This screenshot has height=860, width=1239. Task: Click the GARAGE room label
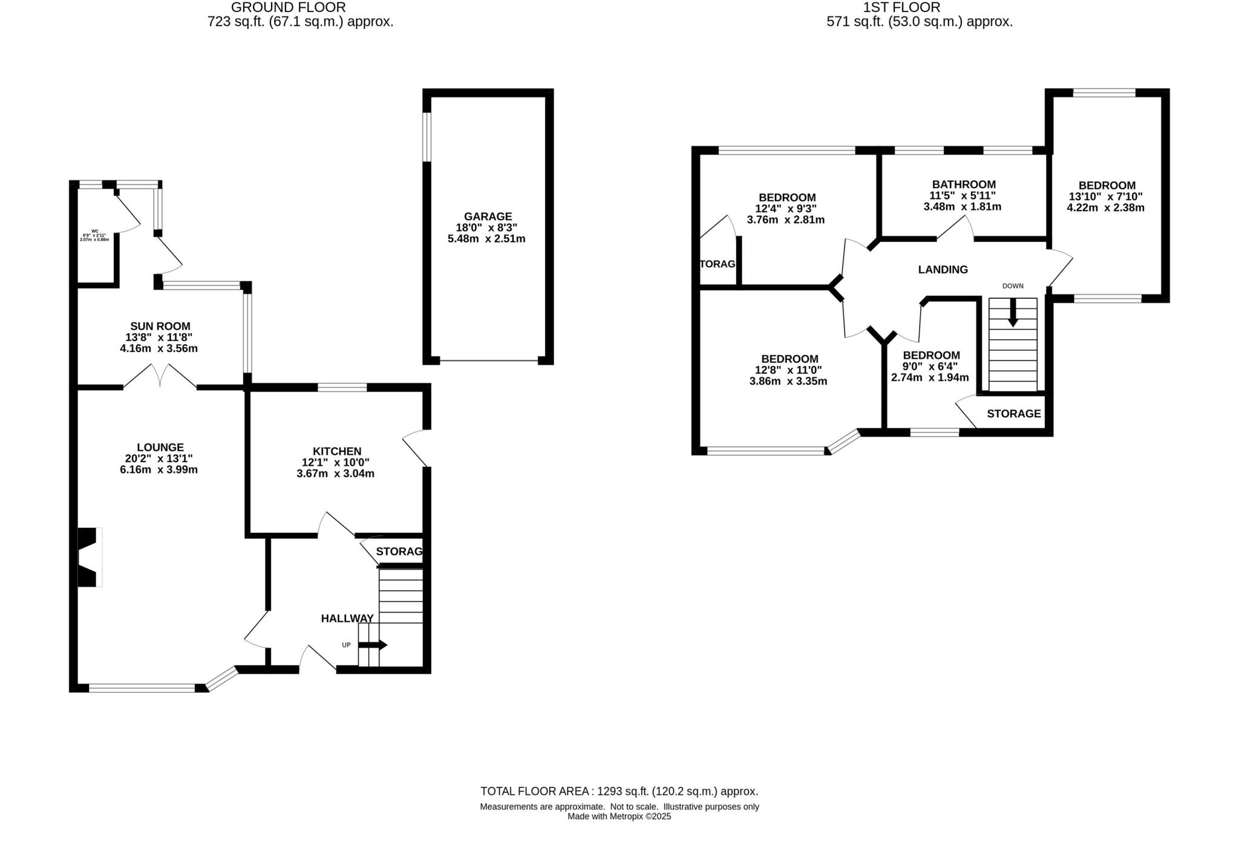[x=488, y=217]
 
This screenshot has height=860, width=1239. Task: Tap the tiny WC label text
[x=95, y=231]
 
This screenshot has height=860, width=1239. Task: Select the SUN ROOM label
[x=160, y=327]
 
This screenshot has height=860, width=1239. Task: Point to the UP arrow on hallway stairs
[x=372, y=645]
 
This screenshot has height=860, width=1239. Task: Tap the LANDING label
[x=943, y=270]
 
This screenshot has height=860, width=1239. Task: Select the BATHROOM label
[x=964, y=184]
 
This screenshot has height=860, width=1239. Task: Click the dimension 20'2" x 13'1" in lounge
[x=159, y=459]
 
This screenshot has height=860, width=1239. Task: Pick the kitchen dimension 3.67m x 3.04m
[x=335, y=474]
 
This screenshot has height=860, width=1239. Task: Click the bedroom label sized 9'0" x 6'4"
[x=931, y=356]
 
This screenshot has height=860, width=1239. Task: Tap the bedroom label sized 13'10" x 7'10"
[x=1107, y=186]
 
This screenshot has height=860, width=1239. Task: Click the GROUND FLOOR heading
[x=289, y=8]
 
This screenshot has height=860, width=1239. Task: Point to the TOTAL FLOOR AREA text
[x=619, y=791]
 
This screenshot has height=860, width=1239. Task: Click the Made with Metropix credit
[x=619, y=816]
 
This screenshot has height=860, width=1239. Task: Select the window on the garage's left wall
[x=427, y=137]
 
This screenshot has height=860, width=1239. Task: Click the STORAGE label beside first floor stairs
[x=1013, y=414]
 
